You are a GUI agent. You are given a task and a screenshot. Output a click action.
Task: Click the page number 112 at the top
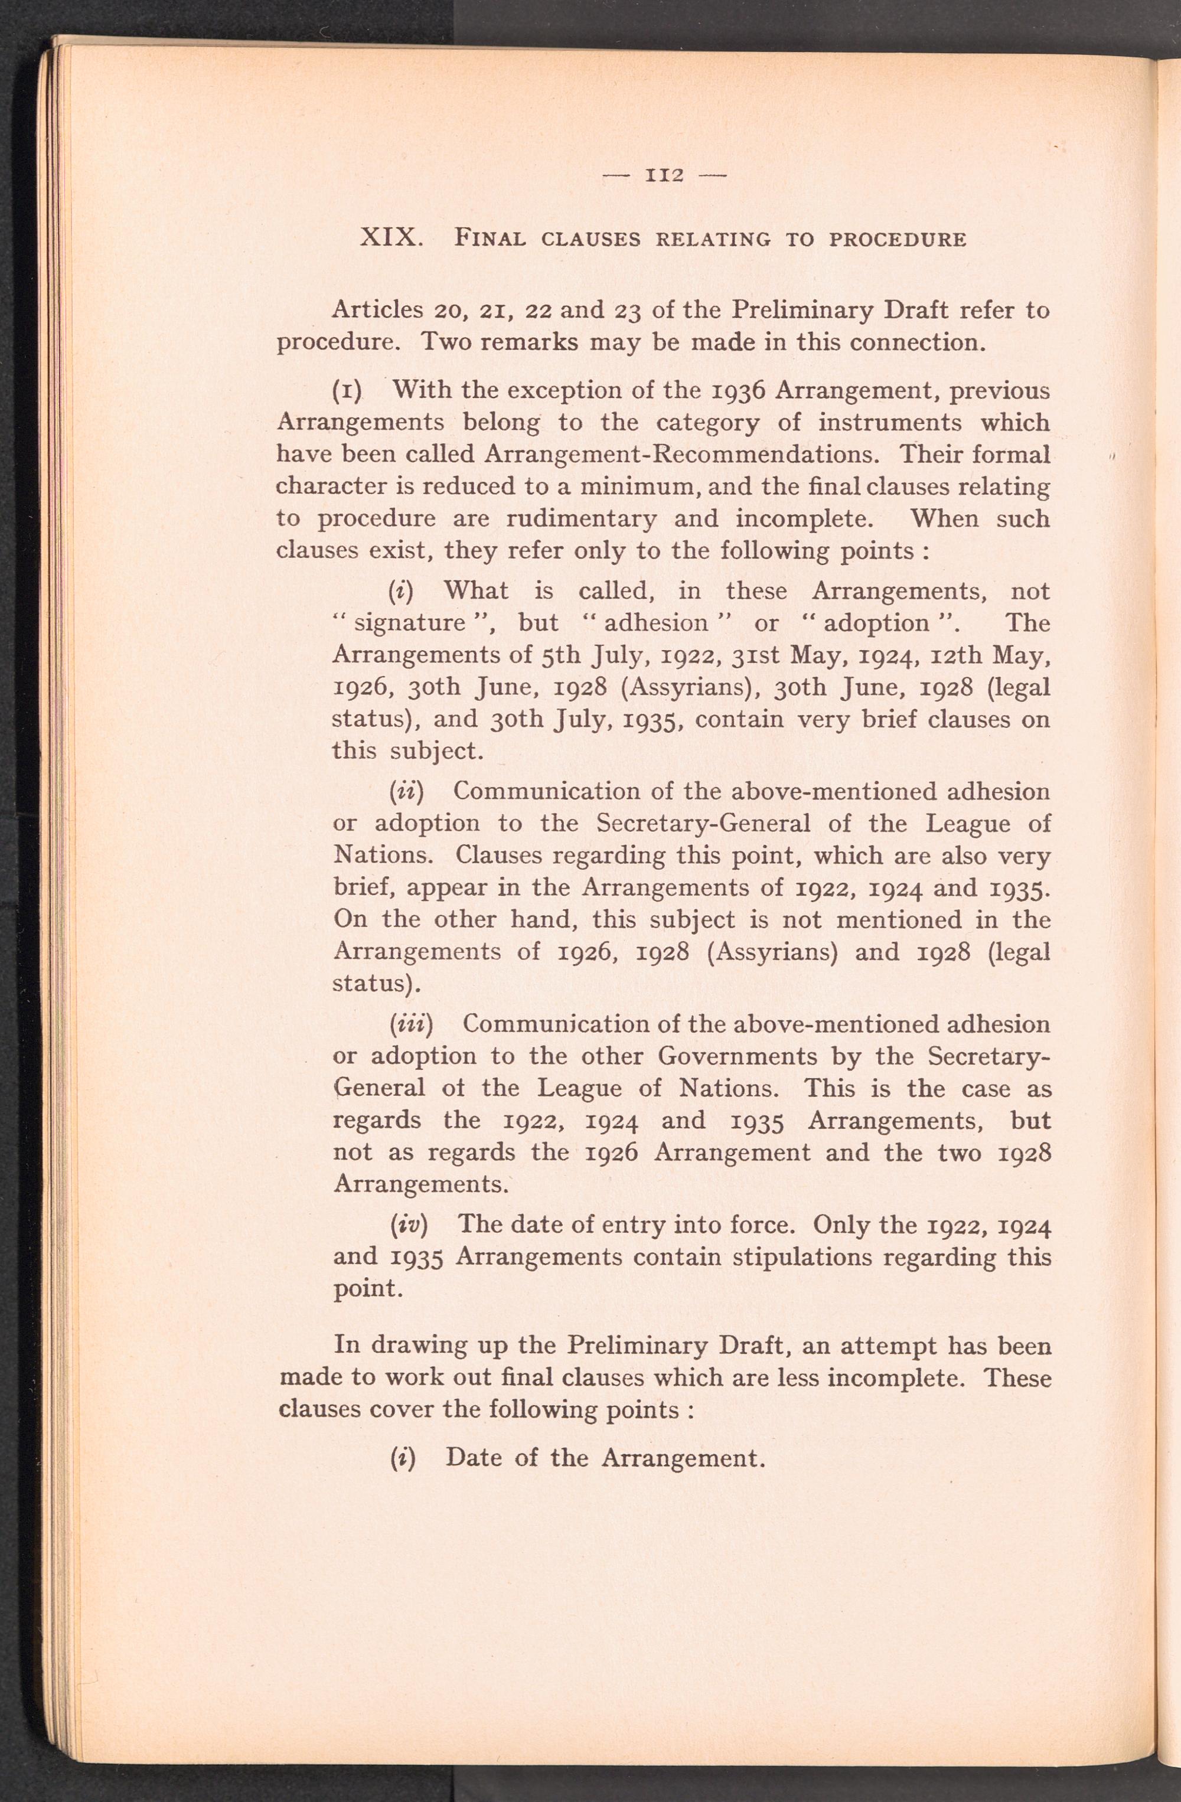664,176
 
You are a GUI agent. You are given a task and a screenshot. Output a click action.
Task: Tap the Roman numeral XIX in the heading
391,238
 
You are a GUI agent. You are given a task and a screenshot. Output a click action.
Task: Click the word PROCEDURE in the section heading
898,240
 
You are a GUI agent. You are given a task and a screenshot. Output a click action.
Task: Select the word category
708,423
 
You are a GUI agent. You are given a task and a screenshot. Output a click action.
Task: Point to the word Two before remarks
446,342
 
